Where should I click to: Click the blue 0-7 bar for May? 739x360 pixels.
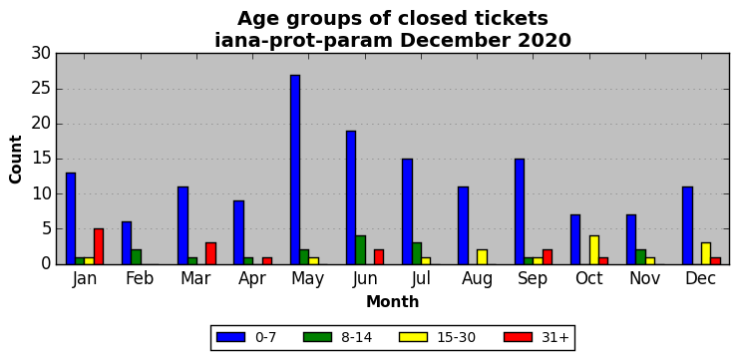295,170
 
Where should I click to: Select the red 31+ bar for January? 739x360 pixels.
99,246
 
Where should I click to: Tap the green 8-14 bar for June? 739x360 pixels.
361,250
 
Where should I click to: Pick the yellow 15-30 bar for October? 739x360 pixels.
594,250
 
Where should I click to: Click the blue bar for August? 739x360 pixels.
464,225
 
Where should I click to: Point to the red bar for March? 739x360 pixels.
210,253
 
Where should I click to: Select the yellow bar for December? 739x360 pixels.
706,253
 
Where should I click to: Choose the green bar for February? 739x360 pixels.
136,257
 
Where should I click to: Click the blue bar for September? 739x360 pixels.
520,211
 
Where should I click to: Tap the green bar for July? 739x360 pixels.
417,253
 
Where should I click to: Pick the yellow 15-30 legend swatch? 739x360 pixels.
413,337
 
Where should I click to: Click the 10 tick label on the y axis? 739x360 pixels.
41,194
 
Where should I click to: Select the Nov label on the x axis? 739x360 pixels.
644,278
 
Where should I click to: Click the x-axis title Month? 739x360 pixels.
393,301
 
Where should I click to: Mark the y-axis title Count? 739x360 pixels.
16,160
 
